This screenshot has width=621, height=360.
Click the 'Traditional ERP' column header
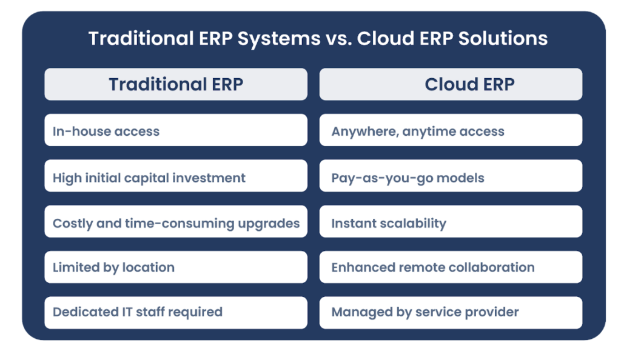coord(176,84)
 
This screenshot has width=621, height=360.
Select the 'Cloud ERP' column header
coord(451,84)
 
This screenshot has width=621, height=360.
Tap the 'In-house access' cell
coord(176,130)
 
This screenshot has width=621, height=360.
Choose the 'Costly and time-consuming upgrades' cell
coord(176,222)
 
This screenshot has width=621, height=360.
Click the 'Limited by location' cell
coord(176,267)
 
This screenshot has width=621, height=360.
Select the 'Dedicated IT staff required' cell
coord(176,312)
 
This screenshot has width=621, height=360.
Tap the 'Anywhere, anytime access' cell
coord(451,130)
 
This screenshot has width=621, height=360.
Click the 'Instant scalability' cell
coord(451,222)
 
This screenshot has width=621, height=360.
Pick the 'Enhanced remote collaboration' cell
coord(451,267)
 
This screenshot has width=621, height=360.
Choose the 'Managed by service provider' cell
coord(451,312)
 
